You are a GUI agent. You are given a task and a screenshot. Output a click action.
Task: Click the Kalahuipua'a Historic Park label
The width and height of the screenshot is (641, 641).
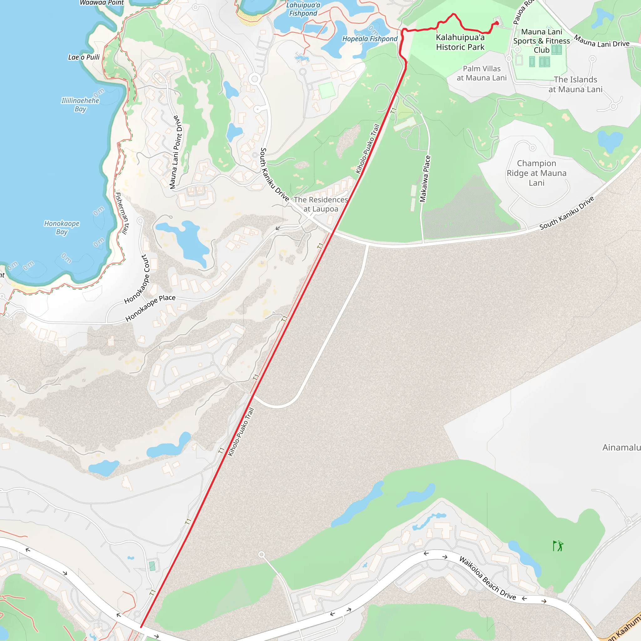[x=460, y=42]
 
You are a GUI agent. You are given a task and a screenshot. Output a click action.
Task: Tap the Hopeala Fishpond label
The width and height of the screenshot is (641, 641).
[x=370, y=39]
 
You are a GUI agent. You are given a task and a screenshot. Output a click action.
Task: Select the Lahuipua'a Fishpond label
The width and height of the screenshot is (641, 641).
[x=303, y=9]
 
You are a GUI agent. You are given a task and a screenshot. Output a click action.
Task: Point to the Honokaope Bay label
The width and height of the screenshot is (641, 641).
[x=62, y=228]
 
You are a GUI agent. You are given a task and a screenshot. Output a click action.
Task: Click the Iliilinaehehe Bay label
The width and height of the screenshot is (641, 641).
[x=80, y=105]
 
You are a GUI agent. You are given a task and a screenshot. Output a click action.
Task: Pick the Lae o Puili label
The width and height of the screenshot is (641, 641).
[x=84, y=57]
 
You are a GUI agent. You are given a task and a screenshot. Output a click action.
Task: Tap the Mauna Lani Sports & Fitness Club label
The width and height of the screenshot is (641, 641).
[x=541, y=41]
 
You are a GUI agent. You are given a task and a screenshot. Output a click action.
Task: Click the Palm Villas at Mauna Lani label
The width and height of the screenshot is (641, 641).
[x=482, y=73]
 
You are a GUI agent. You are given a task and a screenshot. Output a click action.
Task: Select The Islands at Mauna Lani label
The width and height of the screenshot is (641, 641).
[x=575, y=84]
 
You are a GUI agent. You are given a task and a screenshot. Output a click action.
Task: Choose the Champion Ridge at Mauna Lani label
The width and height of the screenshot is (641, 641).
[x=536, y=173]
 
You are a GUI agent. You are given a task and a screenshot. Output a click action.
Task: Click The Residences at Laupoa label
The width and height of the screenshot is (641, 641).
[x=321, y=204]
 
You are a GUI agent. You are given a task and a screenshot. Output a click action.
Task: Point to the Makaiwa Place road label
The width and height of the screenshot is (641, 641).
[x=425, y=179]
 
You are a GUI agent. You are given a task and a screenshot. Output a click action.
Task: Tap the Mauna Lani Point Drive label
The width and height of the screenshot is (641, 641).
[x=175, y=152]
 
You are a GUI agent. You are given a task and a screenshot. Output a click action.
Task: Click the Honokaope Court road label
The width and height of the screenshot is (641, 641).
[x=137, y=279]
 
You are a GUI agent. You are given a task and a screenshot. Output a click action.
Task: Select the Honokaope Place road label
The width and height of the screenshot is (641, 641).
[x=150, y=308]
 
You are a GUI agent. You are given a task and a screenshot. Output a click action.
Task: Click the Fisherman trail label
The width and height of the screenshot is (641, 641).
[x=122, y=213]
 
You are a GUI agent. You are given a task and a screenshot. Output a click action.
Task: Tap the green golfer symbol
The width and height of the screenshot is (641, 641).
[x=558, y=546]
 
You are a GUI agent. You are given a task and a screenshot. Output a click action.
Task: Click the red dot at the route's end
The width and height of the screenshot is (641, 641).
[x=497, y=23]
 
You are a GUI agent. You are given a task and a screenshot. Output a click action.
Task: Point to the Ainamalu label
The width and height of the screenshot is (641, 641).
[x=621, y=447]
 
